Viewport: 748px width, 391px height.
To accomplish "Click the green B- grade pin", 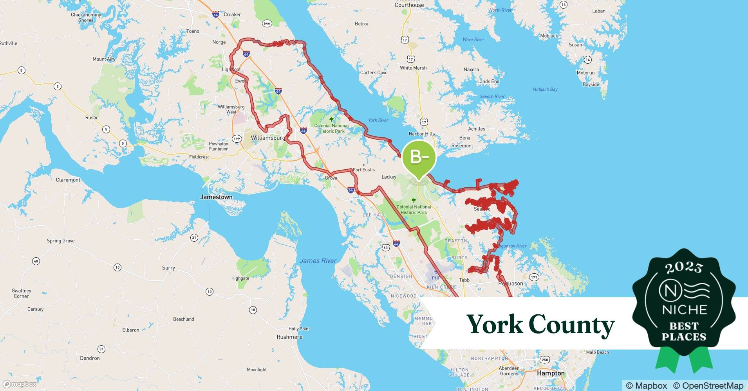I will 419,158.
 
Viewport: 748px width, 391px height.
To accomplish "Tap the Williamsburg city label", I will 268,138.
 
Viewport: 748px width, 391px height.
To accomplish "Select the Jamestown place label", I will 216,197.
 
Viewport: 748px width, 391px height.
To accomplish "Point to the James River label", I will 318,260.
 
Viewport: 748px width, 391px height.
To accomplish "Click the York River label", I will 378,120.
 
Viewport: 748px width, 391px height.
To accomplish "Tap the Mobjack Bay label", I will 545,90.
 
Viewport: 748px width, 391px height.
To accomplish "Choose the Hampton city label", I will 551,373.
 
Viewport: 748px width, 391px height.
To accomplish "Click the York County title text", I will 540,324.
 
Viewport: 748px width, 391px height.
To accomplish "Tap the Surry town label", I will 168,268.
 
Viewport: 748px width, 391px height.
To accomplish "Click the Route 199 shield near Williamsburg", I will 237,138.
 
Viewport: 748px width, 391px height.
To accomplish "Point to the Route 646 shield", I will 267,23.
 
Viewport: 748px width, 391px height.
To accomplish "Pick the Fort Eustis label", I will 364,170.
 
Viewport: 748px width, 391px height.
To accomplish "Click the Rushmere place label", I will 289,337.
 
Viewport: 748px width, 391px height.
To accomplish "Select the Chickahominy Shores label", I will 86,18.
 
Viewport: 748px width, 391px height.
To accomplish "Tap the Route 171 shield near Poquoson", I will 534,277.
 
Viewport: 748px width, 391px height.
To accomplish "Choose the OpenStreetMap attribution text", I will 708,386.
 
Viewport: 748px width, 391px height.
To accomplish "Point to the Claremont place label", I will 68,180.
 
